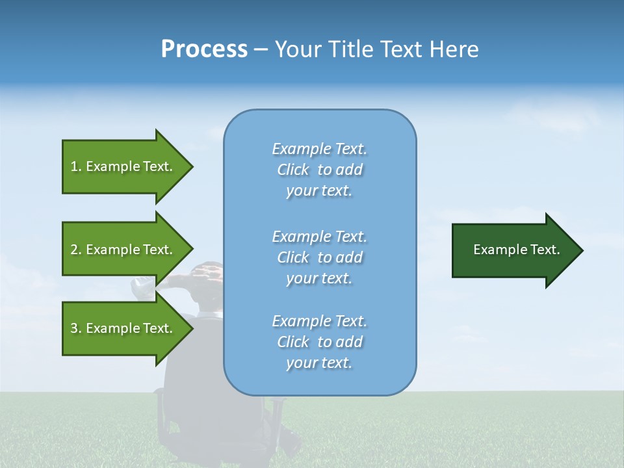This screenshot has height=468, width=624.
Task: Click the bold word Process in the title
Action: tap(204, 49)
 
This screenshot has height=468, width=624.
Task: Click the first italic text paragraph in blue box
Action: tap(319, 170)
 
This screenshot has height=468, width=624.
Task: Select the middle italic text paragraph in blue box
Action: tap(319, 257)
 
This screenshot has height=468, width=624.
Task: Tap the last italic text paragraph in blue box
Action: tap(319, 342)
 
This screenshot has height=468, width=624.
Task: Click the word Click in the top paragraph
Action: tap(293, 170)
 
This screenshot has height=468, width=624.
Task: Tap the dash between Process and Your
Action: tap(261, 50)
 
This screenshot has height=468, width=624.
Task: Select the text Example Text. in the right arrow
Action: tap(517, 250)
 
